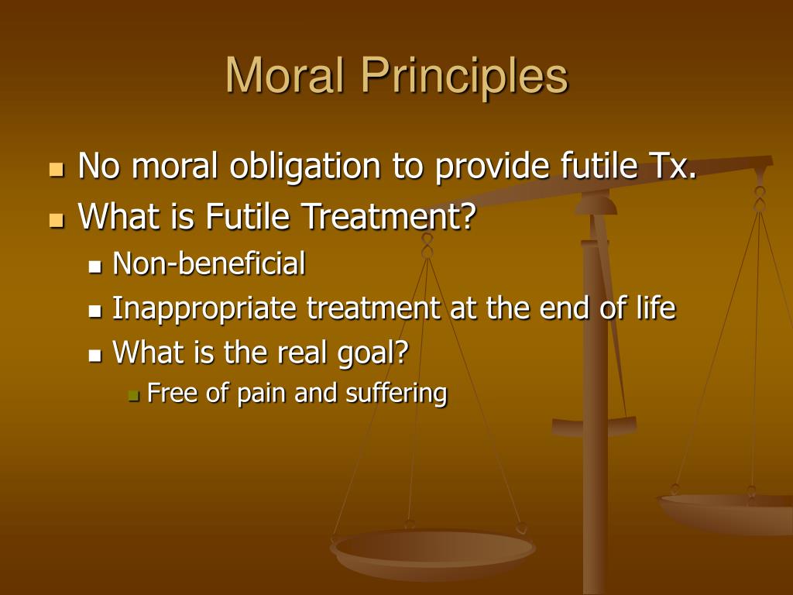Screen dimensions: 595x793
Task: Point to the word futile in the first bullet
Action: (x=585, y=166)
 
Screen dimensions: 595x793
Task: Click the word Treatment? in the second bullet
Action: (x=387, y=217)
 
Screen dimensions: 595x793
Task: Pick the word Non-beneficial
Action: (x=209, y=264)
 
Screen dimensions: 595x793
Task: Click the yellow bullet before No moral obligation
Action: (x=57, y=169)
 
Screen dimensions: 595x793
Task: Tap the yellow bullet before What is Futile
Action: (x=57, y=220)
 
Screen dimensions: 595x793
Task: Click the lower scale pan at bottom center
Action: (x=432, y=552)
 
